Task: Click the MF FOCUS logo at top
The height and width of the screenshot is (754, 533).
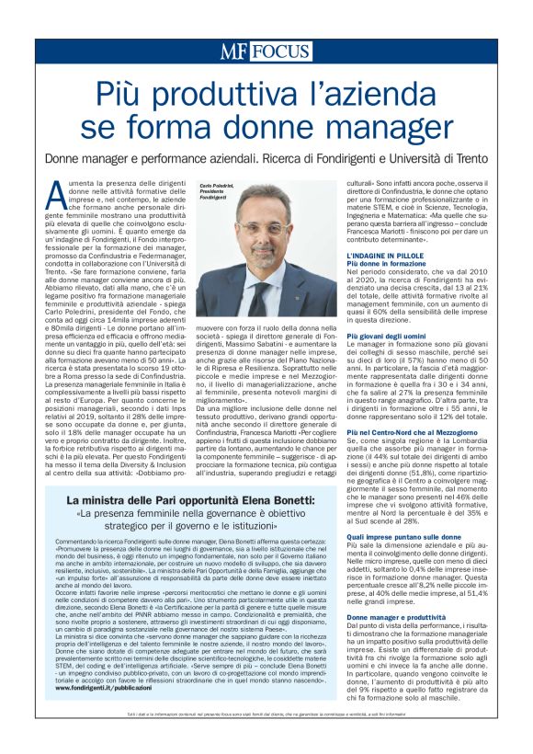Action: click(x=266, y=51)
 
